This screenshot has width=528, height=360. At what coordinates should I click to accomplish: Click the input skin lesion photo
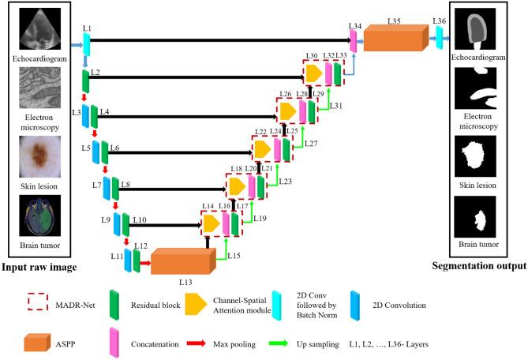39,157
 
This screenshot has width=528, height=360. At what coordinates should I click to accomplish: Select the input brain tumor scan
39,216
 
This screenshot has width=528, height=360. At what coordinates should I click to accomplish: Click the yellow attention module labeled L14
212,223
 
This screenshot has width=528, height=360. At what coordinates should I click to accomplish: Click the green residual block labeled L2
85,80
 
